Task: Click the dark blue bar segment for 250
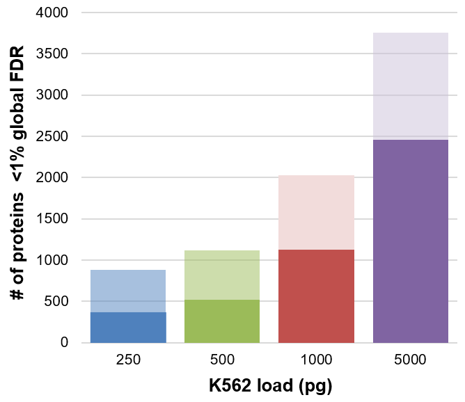pyautogui.click(x=128, y=327)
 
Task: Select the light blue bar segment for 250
pyautogui.click(x=128, y=291)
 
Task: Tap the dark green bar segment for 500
pyautogui.click(x=222, y=321)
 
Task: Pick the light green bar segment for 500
pyautogui.click(x=222, y=275)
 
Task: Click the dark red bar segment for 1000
pyautogui.click(x=316, y=296)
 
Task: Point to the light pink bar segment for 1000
pyautogui.click(x=316, y=212)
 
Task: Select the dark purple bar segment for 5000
pyautogui.click(x=411, y=241)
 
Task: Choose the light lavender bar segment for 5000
pyautogui.click(x=411, y=86)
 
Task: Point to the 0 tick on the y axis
pyautogui.click(x=64, y=343)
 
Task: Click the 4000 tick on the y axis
pyautogui.click(x=52, y=13)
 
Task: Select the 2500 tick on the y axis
pyautogui.click(x=52, y=136)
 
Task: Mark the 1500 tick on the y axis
pyautogui.click(x=52, y=219)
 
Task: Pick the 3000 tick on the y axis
pyautogui.click(x=52, y=95)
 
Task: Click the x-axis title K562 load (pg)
pyautogui.click(x=270, y=385)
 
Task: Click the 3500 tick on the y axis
pyautogui.click(x=52, y=54)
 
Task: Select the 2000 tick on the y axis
pyautogui.click(x=52, y=177)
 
